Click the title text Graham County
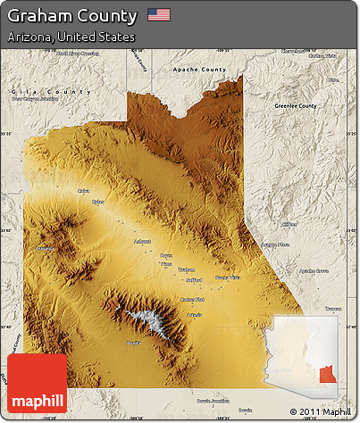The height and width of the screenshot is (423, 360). click(72, 16)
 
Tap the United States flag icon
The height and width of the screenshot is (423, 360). click(158, 15)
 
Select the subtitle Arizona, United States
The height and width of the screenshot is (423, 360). click(71, 37)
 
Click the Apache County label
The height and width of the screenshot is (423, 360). click(200, 69)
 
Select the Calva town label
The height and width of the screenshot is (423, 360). click(83, 190)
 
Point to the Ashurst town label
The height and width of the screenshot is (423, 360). click(141, 241)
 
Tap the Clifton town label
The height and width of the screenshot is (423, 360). click(289, 224)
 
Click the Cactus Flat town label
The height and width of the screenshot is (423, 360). click(193, 300)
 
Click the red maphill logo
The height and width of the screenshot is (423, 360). click(37, 383)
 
